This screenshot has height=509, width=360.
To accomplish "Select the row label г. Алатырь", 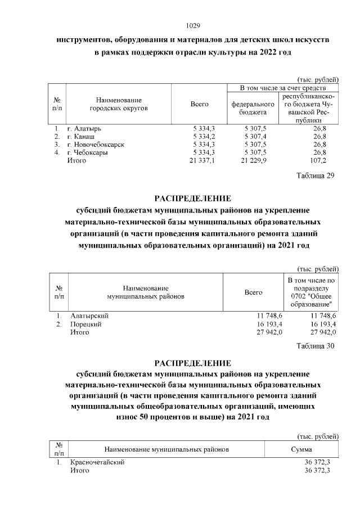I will click(x=84, y=129).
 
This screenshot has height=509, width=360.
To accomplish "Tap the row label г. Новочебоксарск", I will click(x=95, y=145).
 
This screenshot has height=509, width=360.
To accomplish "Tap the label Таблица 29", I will click(x=315, y=176).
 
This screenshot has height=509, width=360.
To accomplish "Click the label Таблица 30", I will click(x=315, y=345).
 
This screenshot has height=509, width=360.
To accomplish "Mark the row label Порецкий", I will click(x=85, y=325).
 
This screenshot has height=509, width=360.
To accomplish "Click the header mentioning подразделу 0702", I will click(x=310, y=292).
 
